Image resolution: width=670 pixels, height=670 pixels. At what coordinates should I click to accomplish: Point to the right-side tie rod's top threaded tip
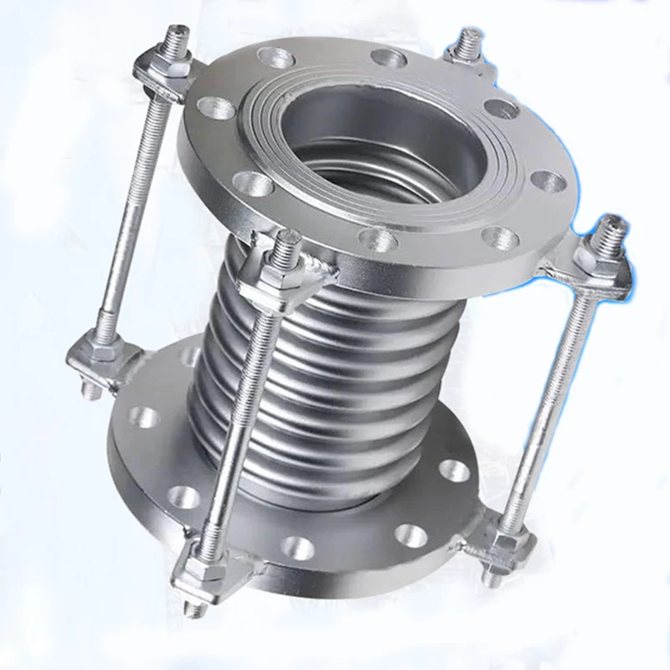613,224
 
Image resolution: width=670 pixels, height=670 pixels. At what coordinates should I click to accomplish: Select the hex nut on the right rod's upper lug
600,250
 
